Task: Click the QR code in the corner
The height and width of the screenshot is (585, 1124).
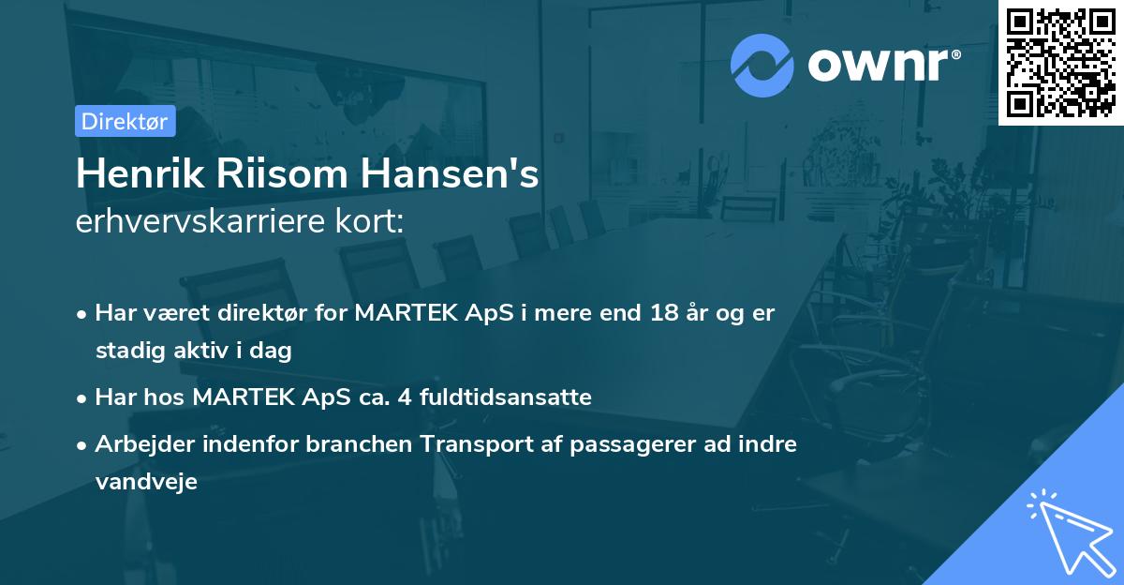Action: [1061, 62]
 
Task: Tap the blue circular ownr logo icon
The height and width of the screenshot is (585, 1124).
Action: [762, 65]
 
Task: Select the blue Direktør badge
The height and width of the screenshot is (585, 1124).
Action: [125, 120]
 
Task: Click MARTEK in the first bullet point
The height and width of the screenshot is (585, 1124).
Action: [400, 313]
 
